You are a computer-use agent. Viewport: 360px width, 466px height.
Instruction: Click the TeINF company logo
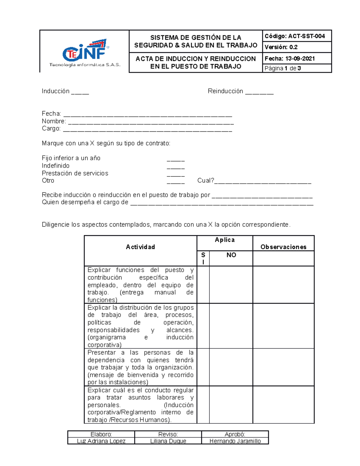point(85,53)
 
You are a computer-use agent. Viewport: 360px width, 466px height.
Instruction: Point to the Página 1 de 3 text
point(283,68)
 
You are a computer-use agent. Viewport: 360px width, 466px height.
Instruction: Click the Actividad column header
point(140,247)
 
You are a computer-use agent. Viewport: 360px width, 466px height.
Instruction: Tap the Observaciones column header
point(283,247)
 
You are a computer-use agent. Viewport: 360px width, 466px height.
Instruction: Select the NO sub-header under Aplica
point(231,255)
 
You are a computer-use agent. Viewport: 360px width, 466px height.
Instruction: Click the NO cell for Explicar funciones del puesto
point(231,285)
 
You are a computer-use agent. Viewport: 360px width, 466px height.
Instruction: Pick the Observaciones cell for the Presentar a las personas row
point(283,367)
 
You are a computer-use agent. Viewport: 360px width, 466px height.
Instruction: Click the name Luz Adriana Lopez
point(101,441)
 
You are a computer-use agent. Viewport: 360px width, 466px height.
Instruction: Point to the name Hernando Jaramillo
point(235,441)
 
